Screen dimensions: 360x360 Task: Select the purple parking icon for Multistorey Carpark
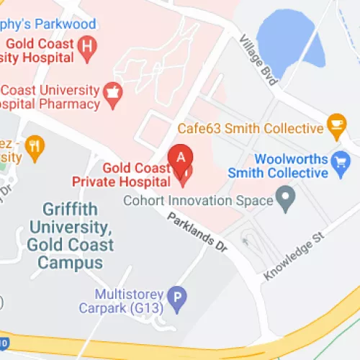pyautogui.click(x=177, y=296)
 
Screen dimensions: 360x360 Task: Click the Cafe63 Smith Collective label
pyautogui.click(x=251, y=128)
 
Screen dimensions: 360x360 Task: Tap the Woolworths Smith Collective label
pyautogui.click(x=277, y=166)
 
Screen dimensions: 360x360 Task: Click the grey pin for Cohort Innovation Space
pyautogui.click(x=287, y=197)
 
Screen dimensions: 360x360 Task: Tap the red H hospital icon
pyautogui.click(x=88, y=47)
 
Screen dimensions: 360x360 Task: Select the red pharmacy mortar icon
pyautogui.click(x=111, y=91)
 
